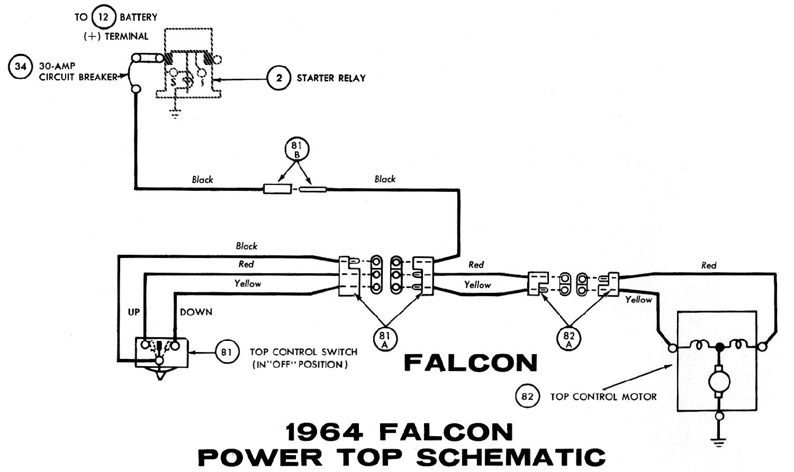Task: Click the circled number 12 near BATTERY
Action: [x=104, y=16]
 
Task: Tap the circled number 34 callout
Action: [x=20, y=66]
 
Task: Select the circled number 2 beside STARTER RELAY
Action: [x=279, y=78]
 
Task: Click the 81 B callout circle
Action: [x=296, y=150]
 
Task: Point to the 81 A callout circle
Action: [x=385, y=339]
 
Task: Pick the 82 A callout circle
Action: [x=569, y=339]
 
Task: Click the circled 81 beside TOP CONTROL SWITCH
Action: [x=227, y=352]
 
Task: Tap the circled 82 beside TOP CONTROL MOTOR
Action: [x=527, y=396]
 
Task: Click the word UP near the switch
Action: [x=133, y=312]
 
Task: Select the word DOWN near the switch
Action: [x=196, y=312]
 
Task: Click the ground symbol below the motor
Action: [x=719, y=442]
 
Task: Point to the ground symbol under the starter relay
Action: [x=175, y=114]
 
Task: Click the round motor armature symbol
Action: [x=719, y=382]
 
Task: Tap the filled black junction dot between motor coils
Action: [x=719, y=347]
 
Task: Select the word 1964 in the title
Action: [x=324, y=432]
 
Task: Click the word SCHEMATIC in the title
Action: [x=511, y=457]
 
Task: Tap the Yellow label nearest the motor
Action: [x=639, y=300]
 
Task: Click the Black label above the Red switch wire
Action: [x=247, y=246]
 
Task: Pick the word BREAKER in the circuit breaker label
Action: [x=98, y=77]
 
